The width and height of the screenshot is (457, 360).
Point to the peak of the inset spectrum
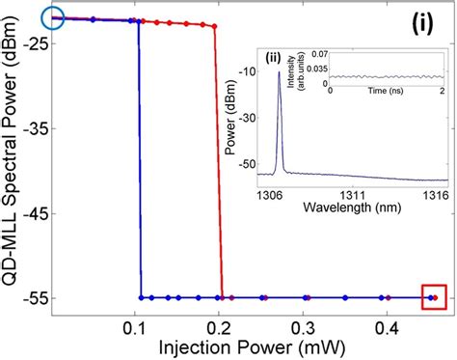(x=279, y=73)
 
